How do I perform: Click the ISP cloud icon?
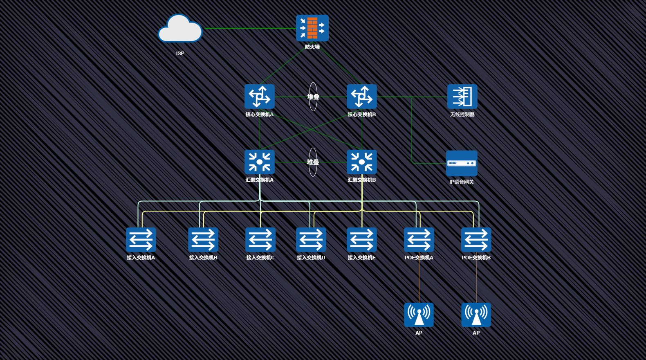point(180,29)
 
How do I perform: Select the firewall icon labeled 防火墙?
point(312,28)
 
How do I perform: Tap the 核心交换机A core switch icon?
point(259,97)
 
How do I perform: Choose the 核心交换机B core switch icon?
point(361,97)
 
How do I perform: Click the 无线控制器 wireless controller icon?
point(462,97)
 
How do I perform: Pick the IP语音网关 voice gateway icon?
point(462,163)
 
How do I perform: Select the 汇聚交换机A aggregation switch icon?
point(259,162)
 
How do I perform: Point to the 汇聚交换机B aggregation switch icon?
point(361,162)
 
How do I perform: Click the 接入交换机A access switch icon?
point(141,240)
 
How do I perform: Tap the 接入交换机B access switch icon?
point(203,240)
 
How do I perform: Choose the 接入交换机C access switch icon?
point(260,240)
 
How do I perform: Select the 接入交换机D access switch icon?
point(311,240)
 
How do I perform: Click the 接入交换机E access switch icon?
point(361,240)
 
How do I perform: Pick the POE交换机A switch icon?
point(419,240)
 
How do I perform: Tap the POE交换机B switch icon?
point(476,240)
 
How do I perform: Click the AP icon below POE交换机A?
point(419,315)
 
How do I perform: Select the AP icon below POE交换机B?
point(476,315)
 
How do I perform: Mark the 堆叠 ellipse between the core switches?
point(313,97)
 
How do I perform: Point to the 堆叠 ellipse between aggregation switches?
point(313,162)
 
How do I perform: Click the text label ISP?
point(180,54)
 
